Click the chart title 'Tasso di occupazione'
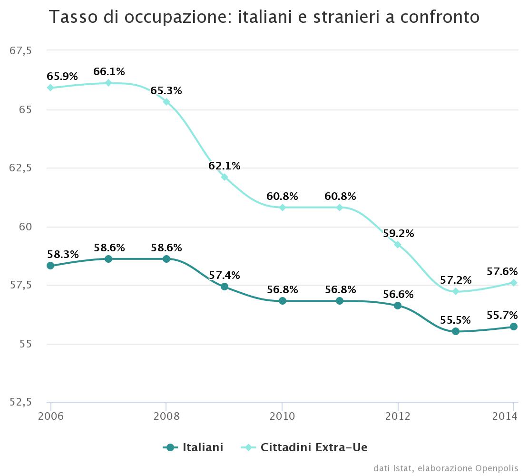tap(264, 17)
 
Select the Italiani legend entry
tap(194, 447)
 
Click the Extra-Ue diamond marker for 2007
tap(108, 83)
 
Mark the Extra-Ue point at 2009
tap(225, 177)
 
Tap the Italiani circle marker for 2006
tap(50, 266)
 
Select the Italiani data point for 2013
tap(456, 331)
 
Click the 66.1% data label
tap(109, 72)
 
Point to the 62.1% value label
tap(225, 166)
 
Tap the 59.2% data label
tap(398, 234)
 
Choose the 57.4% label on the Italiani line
tap(225, 275)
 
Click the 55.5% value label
tap(455, 320)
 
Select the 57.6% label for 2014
tap(502, 271)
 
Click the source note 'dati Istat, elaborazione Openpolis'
tap(445, 468)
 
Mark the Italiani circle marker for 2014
tap(514, 327)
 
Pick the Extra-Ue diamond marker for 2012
tap(398, 245)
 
